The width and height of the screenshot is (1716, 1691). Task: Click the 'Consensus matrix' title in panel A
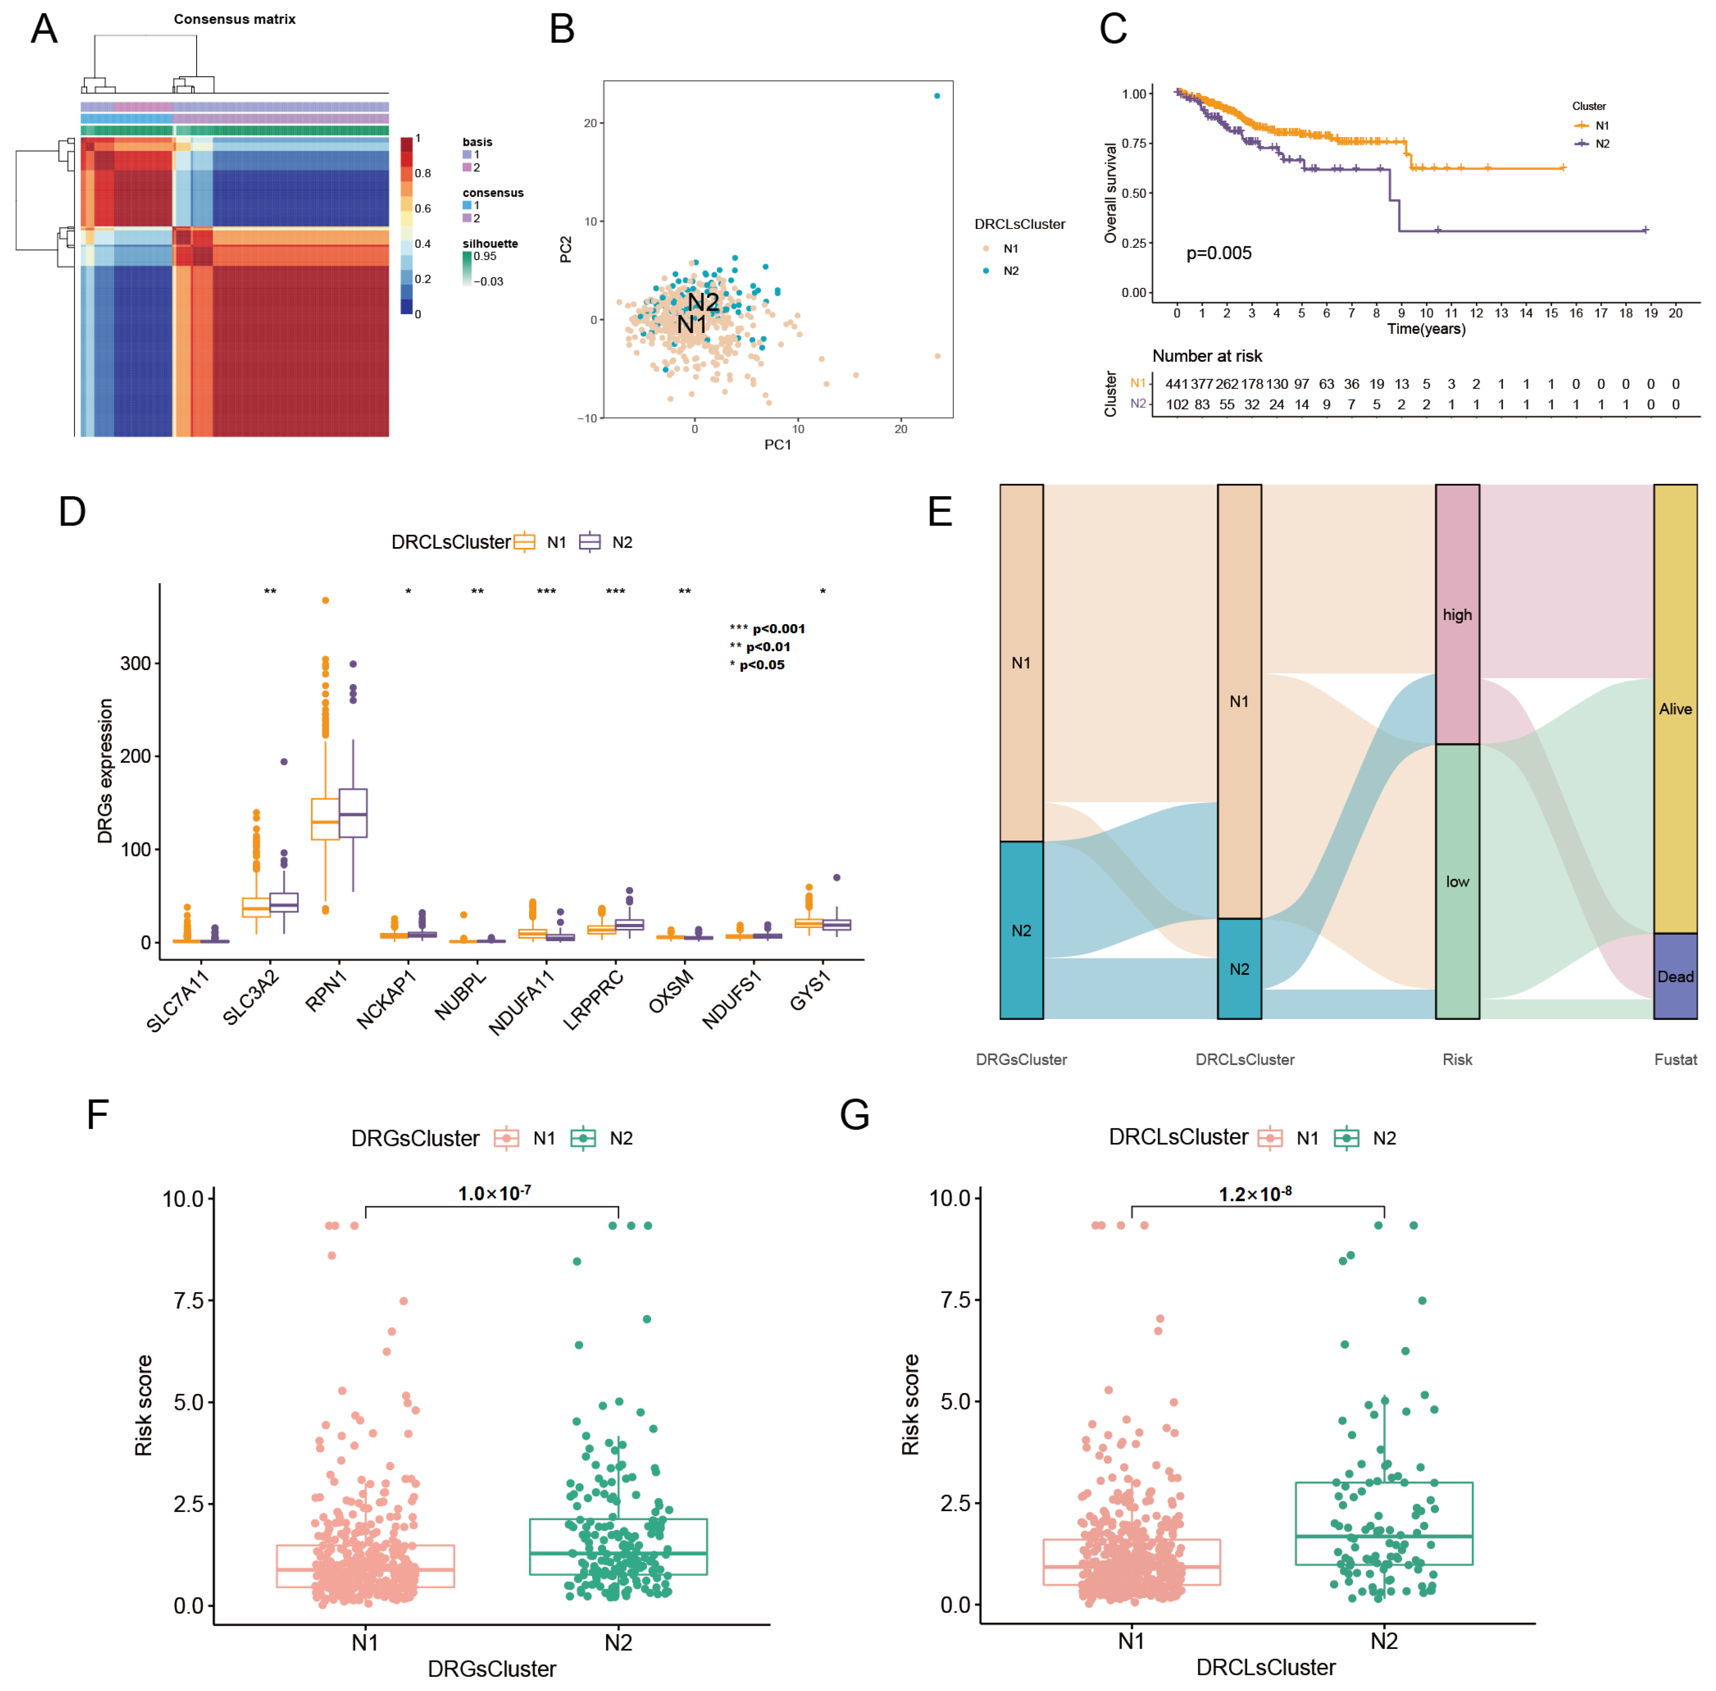[234, 19]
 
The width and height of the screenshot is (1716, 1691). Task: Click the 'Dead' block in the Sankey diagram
[1674, 976]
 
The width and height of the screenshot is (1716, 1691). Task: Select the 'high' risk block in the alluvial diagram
[1457, 615]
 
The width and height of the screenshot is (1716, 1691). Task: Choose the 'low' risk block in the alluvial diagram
[1457, 881]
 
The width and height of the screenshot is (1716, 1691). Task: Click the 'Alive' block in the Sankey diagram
[1674, 709]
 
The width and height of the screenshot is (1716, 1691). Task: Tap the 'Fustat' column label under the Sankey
[1674, 1059]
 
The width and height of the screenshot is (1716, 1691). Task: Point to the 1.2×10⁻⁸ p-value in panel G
[1254, 1194]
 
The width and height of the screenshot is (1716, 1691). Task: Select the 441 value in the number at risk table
[1176, 384]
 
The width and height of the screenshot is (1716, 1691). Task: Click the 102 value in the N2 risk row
[1176, 404]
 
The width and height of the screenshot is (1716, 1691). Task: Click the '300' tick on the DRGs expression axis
[135, 663]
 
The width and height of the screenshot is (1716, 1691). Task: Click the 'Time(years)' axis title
[1426, 329]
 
